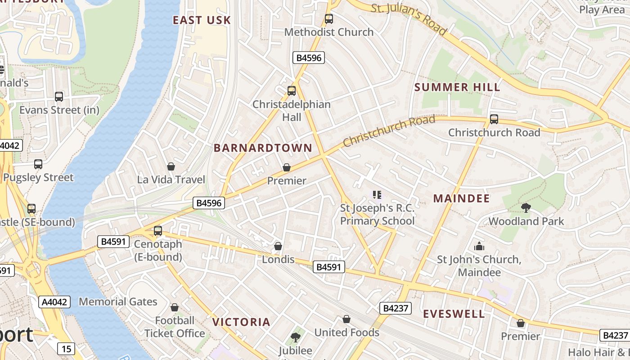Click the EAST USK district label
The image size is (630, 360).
202,20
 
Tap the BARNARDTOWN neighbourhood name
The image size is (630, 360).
263,148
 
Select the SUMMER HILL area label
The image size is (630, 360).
457,87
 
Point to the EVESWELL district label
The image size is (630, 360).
454,314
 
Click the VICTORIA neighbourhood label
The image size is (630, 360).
241,322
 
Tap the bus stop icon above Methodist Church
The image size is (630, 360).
329,19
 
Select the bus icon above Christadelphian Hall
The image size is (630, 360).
292,91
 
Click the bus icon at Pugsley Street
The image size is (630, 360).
38,164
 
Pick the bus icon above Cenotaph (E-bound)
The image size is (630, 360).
158,231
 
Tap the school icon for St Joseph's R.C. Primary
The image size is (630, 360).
377,195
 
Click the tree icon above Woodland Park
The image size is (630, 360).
526,207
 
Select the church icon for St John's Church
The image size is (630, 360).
479,246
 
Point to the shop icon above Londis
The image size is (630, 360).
278,246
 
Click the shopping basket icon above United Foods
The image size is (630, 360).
346,319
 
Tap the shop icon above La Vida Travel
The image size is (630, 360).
171,166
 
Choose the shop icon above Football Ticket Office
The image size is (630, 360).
175,307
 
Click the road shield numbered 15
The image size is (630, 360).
66,348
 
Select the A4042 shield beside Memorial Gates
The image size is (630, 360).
55,301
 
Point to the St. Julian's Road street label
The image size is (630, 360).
409,20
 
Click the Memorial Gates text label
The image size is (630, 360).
118,301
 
